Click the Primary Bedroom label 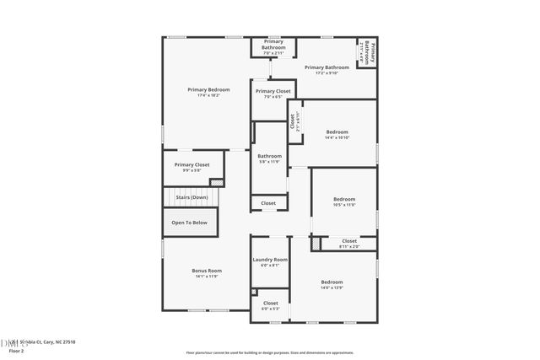click(x=208, y=89)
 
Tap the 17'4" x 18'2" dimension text click(x=208, y=95)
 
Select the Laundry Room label click(x=270, y=260)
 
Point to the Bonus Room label click(x=208, y=271)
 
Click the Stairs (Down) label click(x=192, y=197)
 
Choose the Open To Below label click(x=190, y=223)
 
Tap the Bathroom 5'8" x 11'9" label click(x=270, y=156)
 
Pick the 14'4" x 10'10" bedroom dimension click(x=337, y=137)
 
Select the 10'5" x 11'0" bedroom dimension click(x=344, y=205)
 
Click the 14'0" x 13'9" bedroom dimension click(x=332, y=287)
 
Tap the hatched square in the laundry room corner click(x=254, y=293)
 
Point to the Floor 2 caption click(x=12, y=351)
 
